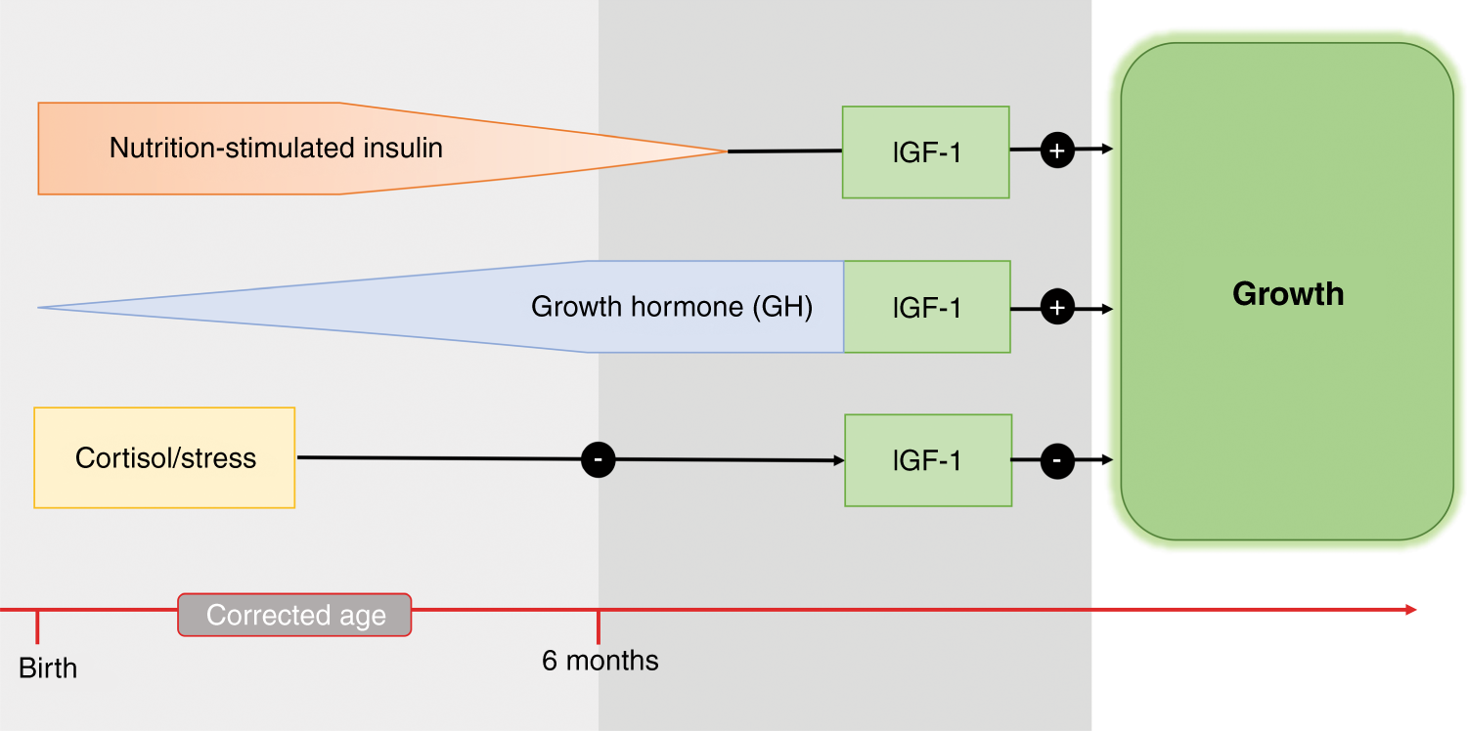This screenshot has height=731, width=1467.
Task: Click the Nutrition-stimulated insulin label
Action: click(276, 149)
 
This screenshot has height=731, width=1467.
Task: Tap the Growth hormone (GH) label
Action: click(672, 307)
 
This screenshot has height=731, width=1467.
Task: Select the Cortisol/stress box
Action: click(164, 458)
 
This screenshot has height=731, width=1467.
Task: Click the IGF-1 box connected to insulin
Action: click(925, 152)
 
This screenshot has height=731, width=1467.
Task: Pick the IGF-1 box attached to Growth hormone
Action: click(926, 308)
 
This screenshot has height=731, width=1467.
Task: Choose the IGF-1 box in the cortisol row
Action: click(927, 460)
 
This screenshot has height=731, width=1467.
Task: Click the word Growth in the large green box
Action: click(1287, 294)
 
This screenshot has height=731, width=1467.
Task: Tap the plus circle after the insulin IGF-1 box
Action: click(1057, 150)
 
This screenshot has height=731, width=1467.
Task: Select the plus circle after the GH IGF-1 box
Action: click(1057, 308)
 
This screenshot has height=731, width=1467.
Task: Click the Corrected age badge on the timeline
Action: click(294, 616)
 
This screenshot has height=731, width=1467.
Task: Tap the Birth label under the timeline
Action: click(48, 669)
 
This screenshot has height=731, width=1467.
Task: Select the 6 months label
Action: click(600, 662)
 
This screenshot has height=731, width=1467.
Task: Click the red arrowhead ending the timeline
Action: click(1410, 610)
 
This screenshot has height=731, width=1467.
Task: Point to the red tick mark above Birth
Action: click(37, 625)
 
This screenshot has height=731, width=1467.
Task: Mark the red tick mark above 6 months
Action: click(599, 625)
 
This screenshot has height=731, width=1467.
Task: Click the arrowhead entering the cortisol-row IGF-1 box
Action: click(839, 460)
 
